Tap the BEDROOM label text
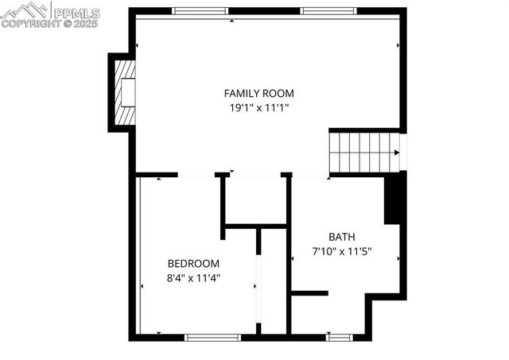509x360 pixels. [192, 264]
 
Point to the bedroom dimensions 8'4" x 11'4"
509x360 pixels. [192, 277]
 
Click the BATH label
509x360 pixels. [342, 237]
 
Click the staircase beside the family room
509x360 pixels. [364, 152]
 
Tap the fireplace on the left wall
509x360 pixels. [124, 92]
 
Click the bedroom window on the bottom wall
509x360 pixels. [212, 337]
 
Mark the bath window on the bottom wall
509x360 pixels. [340, 337]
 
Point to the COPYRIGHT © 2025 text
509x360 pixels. [49, 24]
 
